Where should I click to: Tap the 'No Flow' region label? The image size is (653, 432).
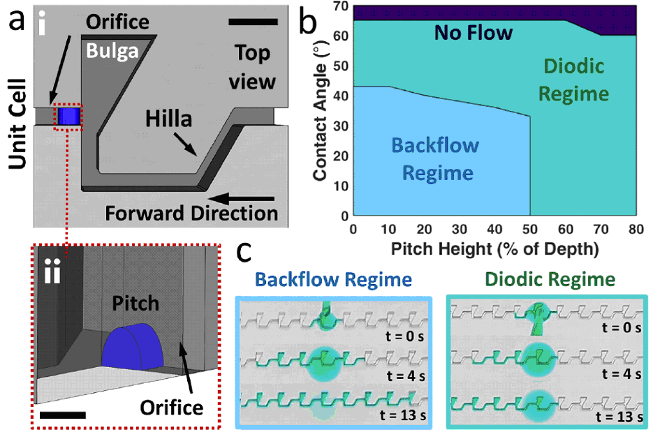coord(474,31)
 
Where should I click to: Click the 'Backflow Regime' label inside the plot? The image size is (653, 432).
coord(436,159)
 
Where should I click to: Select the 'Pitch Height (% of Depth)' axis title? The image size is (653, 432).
coord(494,248)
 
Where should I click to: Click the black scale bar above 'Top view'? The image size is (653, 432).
coord(252,22)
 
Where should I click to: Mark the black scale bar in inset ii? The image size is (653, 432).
coord(63,415)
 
